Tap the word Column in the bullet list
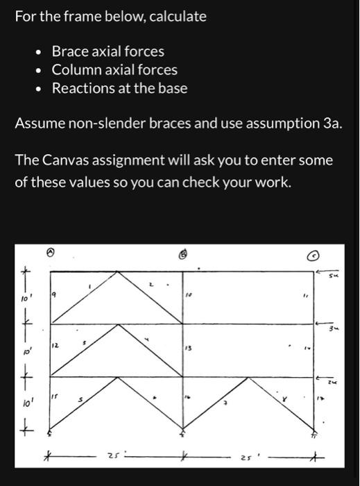tap(77, 70)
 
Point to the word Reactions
tap(86, 88)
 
